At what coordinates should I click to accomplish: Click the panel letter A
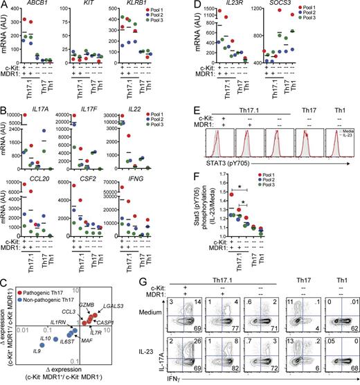(6, 6)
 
